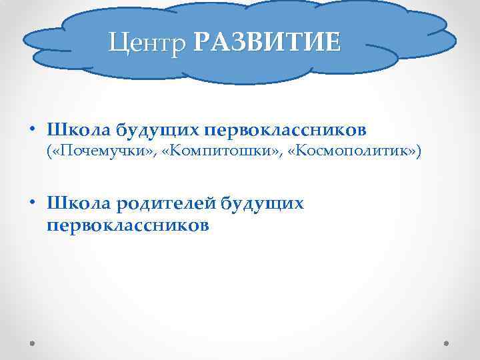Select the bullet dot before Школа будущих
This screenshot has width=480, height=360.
click(x=32, y=129)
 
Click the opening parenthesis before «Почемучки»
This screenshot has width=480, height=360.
click(x=49, y=152)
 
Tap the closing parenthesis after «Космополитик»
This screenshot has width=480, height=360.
click(x=419, y=152)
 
